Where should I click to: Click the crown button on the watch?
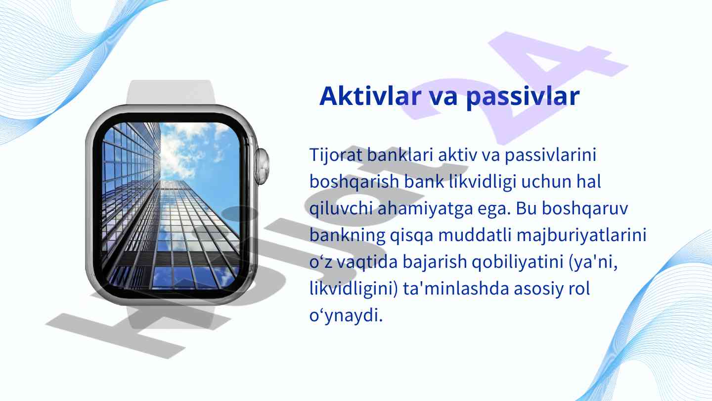(262, 166)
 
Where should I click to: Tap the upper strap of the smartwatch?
(171, 92)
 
